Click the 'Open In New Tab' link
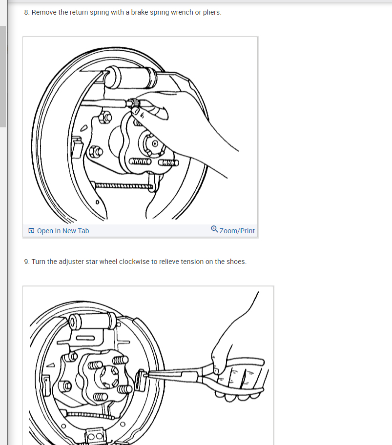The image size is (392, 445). [63, 231]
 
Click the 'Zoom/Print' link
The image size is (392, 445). [237, 231]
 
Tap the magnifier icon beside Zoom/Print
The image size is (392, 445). [214, 229]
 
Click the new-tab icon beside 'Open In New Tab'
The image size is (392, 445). [31, 230]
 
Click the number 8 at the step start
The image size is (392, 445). [27, 12]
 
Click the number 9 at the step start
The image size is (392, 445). [27, 262]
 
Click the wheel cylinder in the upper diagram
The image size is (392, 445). [130, 77]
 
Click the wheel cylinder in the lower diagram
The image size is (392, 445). [93, 321]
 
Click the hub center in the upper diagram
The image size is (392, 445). [155, 143]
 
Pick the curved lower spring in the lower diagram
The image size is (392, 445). [90, 415]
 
